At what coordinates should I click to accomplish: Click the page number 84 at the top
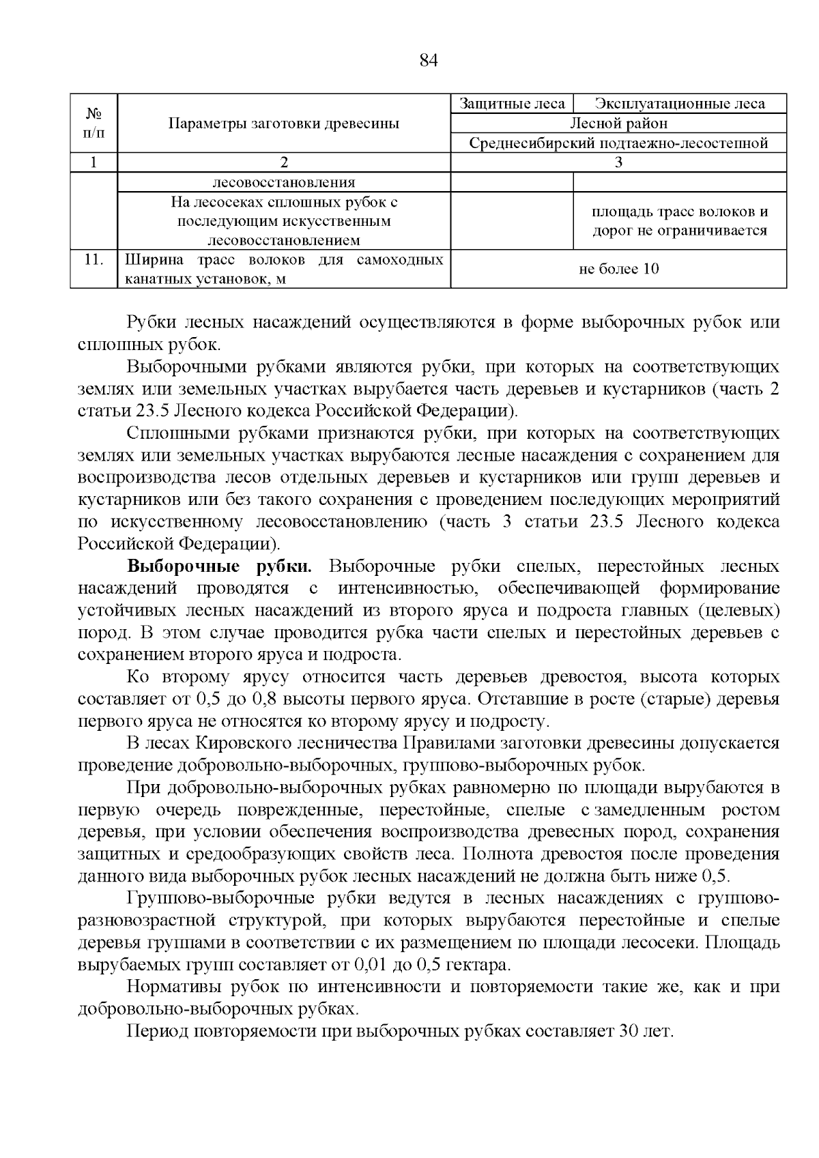tap(428, 61)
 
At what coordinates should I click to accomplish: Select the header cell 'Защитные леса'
tap(512, 104)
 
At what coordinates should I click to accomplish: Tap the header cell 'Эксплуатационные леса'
tap(680, 104)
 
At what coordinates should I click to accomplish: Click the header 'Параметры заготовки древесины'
tap(284, 124)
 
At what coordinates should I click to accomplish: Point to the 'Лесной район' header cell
tap(618, 124)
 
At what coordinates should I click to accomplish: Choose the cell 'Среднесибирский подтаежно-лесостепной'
tap(618, 143)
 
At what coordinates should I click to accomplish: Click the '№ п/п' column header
tap(94, 124)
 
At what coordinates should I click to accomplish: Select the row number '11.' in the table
tap(94, 260)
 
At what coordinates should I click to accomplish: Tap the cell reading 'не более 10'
tap(618, 269)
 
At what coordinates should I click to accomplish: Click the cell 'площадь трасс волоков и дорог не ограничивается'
tap(680, 221)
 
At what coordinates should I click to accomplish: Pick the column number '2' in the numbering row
tap(284, 162)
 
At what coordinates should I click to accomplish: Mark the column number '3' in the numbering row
tap(618, 162)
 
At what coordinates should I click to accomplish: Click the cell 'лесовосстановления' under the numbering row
tap(284, 182)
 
